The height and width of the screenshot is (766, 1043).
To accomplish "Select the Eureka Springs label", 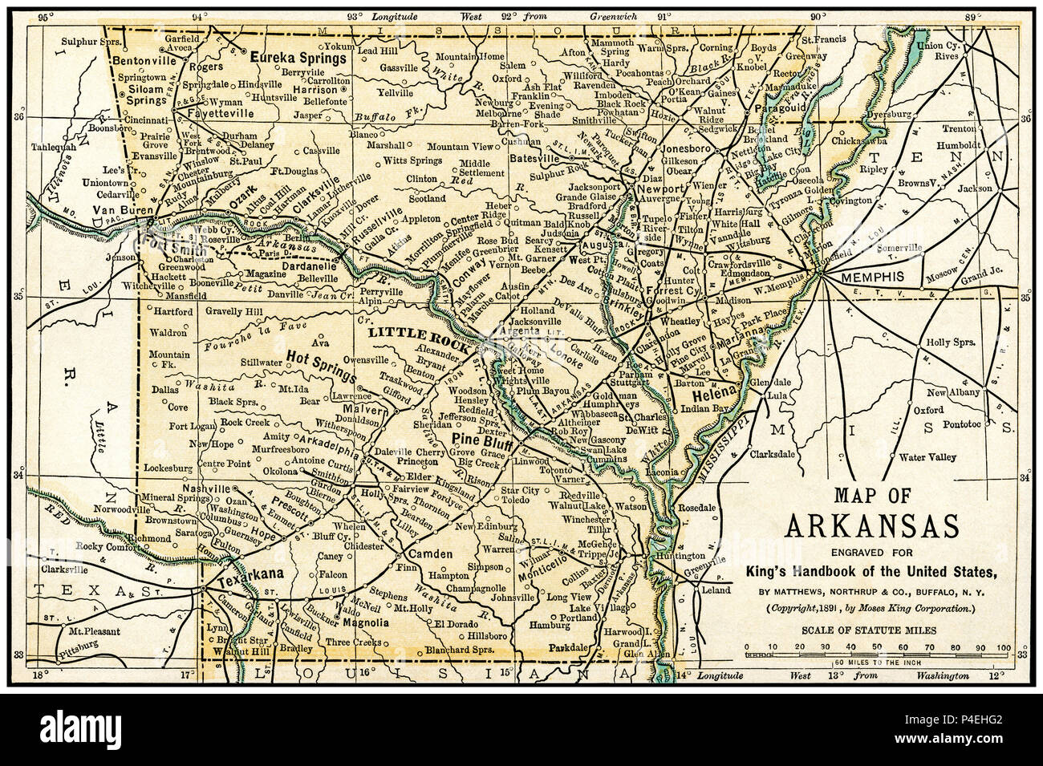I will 294,58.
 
